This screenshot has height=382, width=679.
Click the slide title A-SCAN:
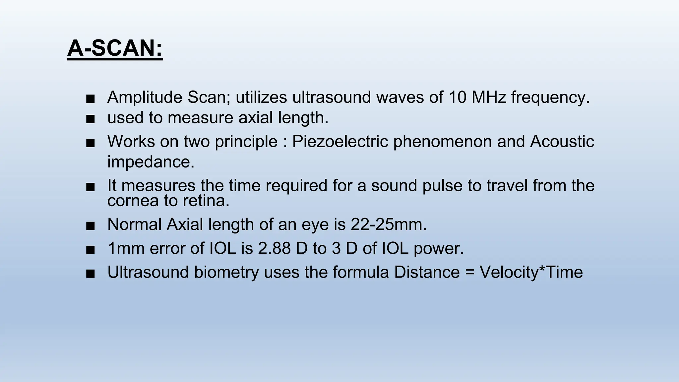tap(115, 48)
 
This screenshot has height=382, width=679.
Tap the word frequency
tap(550, 97)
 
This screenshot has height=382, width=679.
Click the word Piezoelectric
tap(340, 142)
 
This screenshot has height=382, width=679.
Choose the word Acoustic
tap(562, 142)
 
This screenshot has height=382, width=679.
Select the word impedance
tap(151, 162)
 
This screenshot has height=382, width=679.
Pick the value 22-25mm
tap(389, 224)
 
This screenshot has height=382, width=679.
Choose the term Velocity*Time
tap(531, 272)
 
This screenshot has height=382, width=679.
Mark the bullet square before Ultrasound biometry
tap(90, 274)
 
